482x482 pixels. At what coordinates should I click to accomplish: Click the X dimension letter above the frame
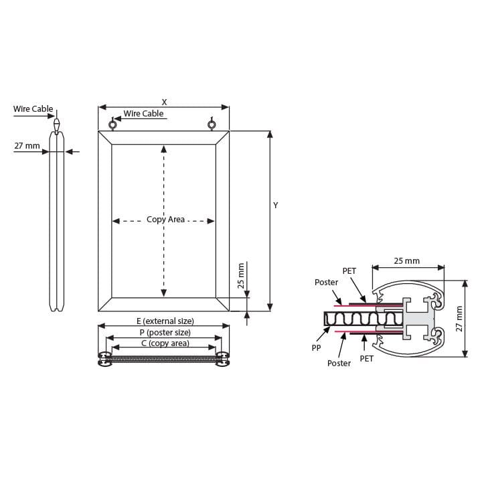pyautogui.click(x=164, y=102)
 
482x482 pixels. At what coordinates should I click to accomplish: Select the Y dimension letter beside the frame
pyautogui.click(x=275, y=206)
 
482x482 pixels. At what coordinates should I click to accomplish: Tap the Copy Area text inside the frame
pyautogui.click(x=166, y=220)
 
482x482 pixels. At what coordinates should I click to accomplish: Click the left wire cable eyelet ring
pyautogui.click(x=112, y=125)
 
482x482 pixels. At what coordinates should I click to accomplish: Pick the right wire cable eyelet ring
pyautogui.click(x=211, y=125)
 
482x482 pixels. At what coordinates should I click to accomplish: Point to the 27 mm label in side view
pyautogui.click(x=27, y=146)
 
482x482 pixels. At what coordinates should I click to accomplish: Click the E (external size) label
pyautogui.click(x=165, y=321)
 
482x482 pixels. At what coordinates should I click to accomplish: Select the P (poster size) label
pyautogui.click(x=165, y=333)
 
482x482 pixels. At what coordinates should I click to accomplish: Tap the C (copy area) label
pyautogui.click(x=165, y=343)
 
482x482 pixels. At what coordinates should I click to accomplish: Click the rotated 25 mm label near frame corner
pyautogui.click(x=241, y=276)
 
